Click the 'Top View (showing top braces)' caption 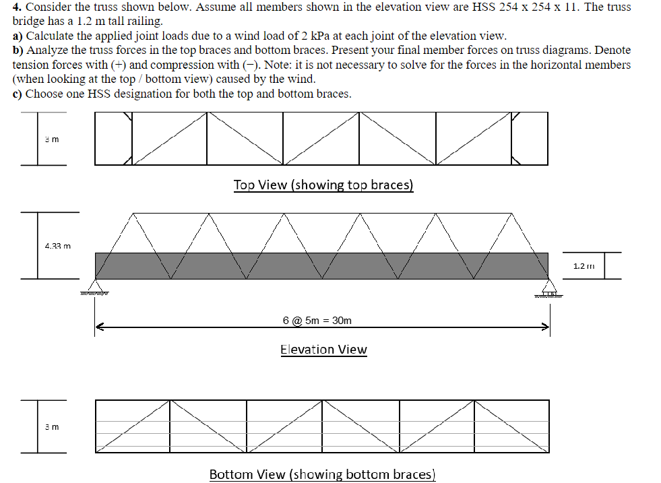pos(323,185)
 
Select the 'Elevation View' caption pos(323,350)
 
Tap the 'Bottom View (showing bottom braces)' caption pos(322,474)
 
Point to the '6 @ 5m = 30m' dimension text pos(317,320)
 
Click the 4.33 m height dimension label pos(57,246)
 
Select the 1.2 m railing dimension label pos(583,266)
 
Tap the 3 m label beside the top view pos(52,139)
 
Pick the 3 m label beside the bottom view pos(52,427)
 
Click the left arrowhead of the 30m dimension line pos(98,328)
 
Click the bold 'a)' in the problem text pos(18,36)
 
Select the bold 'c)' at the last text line pos(18,94)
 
